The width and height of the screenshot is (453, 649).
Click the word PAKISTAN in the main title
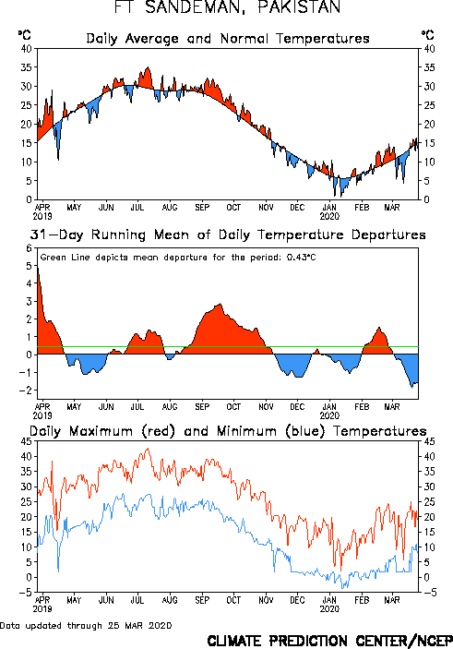click(299, 7)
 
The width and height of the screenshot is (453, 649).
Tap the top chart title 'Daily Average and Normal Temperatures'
click(228, 39)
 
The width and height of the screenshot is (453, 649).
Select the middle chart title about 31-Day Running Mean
click(228, 234)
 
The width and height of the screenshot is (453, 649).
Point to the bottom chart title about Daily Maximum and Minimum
click(228, 431)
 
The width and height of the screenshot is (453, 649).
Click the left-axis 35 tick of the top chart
click(26, 67)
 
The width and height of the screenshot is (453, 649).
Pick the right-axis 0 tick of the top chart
click(425, 199)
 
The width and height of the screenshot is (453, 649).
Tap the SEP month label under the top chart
click(202, 207)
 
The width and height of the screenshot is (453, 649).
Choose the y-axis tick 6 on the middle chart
click(29, 248)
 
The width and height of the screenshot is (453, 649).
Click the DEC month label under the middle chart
click(297, 407)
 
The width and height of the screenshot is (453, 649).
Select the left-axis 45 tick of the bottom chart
click(26, 441)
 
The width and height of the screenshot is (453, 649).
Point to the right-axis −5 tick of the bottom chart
click(429, 593)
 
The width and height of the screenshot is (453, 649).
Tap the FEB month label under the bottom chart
click(362, 600)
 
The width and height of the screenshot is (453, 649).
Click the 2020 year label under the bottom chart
click(329, 609)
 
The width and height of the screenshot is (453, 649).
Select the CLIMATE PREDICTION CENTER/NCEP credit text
click(329, 641)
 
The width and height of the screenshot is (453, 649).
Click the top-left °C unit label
click(24, 35)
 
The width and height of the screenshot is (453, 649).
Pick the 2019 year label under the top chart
click(42, 216)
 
